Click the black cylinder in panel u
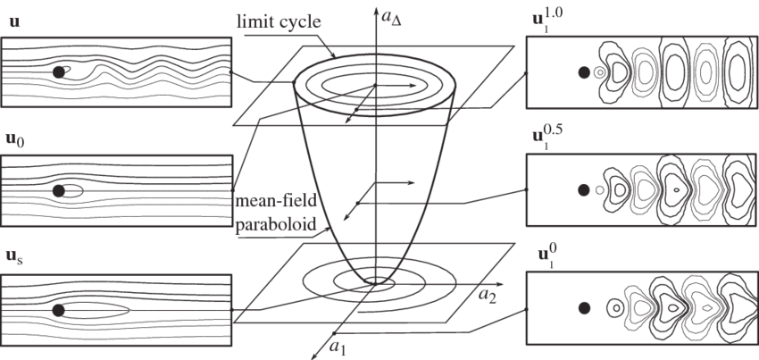click(x=59, y=72)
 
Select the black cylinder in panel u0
click(x=59, y=190)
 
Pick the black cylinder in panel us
click(x=59, y=310)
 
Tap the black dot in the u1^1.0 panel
click(x=583, y=72)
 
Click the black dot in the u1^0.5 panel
click(x=583, y=189)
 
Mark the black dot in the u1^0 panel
click(x=583, y=308)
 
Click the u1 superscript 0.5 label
click(x=547, y=138)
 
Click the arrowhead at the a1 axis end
click(x=313, y=356)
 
